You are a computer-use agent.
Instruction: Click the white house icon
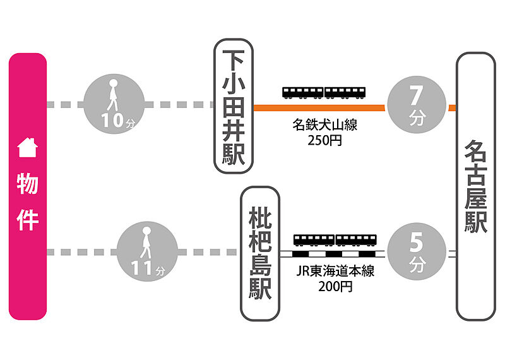(x=27, y=148)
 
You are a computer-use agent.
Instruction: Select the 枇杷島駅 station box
(x=260, y=253)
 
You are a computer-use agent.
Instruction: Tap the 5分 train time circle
(x=415, y=251)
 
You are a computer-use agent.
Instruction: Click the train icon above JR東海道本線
(x=335, y=240)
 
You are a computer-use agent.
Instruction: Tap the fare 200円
(x=335, y=287)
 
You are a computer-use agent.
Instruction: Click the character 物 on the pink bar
(x=27, y=184)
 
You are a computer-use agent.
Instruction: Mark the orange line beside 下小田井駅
(x=319, y=108)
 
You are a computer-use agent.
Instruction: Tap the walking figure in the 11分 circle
(x=146, y=243)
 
